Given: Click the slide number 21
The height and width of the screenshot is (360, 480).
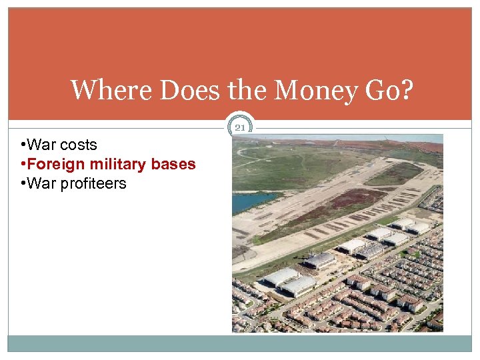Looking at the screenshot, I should [x=241, y=127].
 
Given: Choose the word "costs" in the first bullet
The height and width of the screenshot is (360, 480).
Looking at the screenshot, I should [x=79, y=145].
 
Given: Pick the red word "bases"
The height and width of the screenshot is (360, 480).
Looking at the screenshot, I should [x=175, y=164].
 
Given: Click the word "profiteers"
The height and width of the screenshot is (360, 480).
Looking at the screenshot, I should [x=93, y=183].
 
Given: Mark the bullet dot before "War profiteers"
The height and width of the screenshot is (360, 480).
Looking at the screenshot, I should [x=23, y=183].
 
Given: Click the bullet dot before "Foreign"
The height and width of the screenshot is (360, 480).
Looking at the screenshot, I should [x=23, y=164].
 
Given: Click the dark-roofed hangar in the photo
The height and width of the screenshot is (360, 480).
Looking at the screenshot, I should [x=321, y=259].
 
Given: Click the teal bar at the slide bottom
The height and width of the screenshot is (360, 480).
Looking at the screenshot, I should [x=240, y=343].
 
